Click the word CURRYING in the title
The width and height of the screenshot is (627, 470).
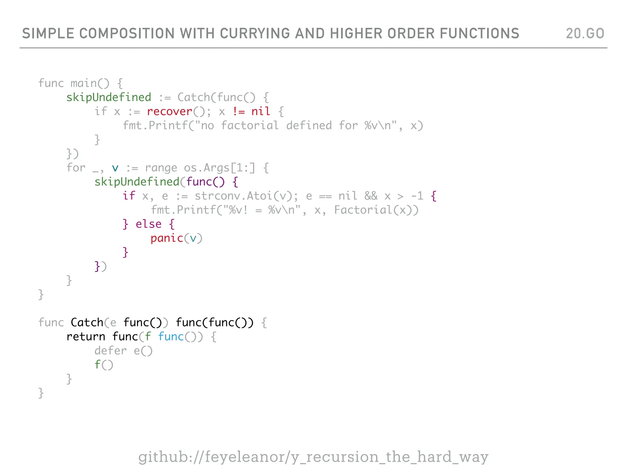(255, 33)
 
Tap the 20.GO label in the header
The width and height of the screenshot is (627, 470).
(585, 33)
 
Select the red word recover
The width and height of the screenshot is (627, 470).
(169, 111)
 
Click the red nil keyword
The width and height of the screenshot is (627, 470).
(261, 111)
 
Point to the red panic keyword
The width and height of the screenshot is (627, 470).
(167, 238)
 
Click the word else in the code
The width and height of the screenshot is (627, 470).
(148, 224)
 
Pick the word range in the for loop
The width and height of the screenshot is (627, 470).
(161, 168)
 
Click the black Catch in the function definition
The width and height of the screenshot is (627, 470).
(87, 323)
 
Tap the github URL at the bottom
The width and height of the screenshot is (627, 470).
(313, 457)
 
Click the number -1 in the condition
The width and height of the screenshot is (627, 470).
(417, 196)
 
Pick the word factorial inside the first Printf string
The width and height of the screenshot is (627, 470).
(250, 125)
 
